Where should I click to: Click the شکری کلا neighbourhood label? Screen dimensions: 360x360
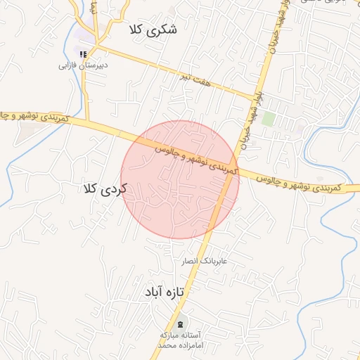153,30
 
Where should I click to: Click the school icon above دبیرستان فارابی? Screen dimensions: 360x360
83,53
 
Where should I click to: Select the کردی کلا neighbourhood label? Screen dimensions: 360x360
103,188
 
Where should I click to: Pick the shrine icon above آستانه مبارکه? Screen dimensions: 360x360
181,323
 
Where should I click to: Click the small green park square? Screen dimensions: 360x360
268,118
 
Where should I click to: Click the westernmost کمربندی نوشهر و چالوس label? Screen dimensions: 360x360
34,116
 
